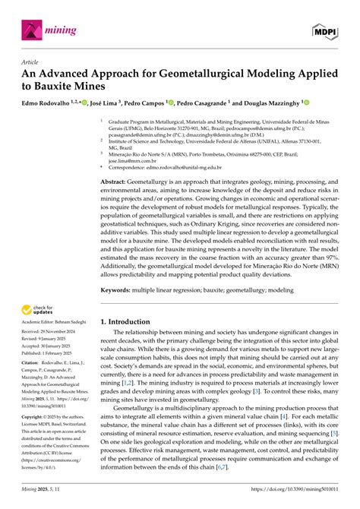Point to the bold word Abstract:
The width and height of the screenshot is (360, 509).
coord(118,183)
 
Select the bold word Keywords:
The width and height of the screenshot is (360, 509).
coord(121,289)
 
